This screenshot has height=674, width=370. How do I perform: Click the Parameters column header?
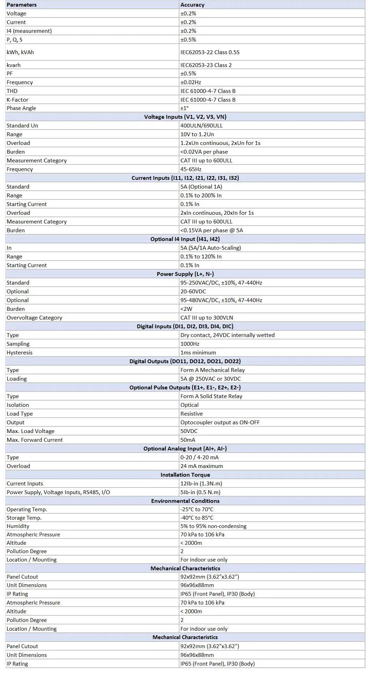(22, 5)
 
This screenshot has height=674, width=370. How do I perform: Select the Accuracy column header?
(192, 5)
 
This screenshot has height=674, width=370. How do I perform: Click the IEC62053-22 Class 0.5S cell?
(210, 52)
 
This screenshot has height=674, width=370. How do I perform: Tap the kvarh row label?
(14, 65)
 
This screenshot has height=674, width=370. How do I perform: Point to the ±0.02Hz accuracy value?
(191, 82)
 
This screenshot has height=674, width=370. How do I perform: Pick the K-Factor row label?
(17, 100)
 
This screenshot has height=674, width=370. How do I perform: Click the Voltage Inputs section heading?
(185, 117)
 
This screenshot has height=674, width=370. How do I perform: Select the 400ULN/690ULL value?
(201, 126)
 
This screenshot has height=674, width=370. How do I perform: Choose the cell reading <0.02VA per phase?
(204, 152)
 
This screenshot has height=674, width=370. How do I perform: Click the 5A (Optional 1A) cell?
(201, 187)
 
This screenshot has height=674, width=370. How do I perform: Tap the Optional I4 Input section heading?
(185, 239)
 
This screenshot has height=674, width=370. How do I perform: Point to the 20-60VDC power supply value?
(193, 292)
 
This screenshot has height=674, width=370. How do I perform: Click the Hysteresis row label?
(20, 353)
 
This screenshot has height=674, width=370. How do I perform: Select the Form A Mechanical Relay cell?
(213, 370)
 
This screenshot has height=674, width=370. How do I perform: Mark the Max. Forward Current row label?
(35, 440)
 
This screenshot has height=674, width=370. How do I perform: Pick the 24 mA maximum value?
(201, 466)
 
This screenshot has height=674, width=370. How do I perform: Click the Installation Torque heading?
(185, 475)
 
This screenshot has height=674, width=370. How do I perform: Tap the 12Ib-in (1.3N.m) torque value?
(201, 484)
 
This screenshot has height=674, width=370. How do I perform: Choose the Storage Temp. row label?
(24, 518)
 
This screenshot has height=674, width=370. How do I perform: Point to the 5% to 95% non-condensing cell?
(213, 526)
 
